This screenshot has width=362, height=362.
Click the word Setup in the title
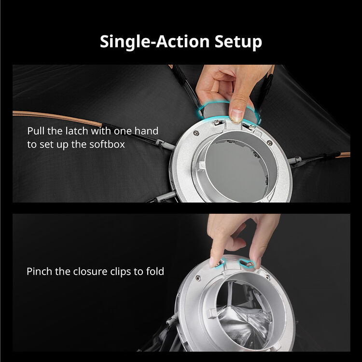click(x=238, y=42)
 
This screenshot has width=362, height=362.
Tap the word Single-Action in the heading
click(x=154, y=42)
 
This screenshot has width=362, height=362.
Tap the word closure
click(x=90, y=271)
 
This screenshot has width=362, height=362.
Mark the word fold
click(x=155, y=271)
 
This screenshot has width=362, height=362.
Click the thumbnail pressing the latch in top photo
click(x=237, y=115)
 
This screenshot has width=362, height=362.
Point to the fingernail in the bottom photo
click(x=211, y=263)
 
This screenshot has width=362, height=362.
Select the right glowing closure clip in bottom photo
click(x=247, y=264)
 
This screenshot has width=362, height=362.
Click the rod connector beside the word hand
click(x=165, y=144)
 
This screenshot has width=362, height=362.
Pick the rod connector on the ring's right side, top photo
click(x=295, y=160)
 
